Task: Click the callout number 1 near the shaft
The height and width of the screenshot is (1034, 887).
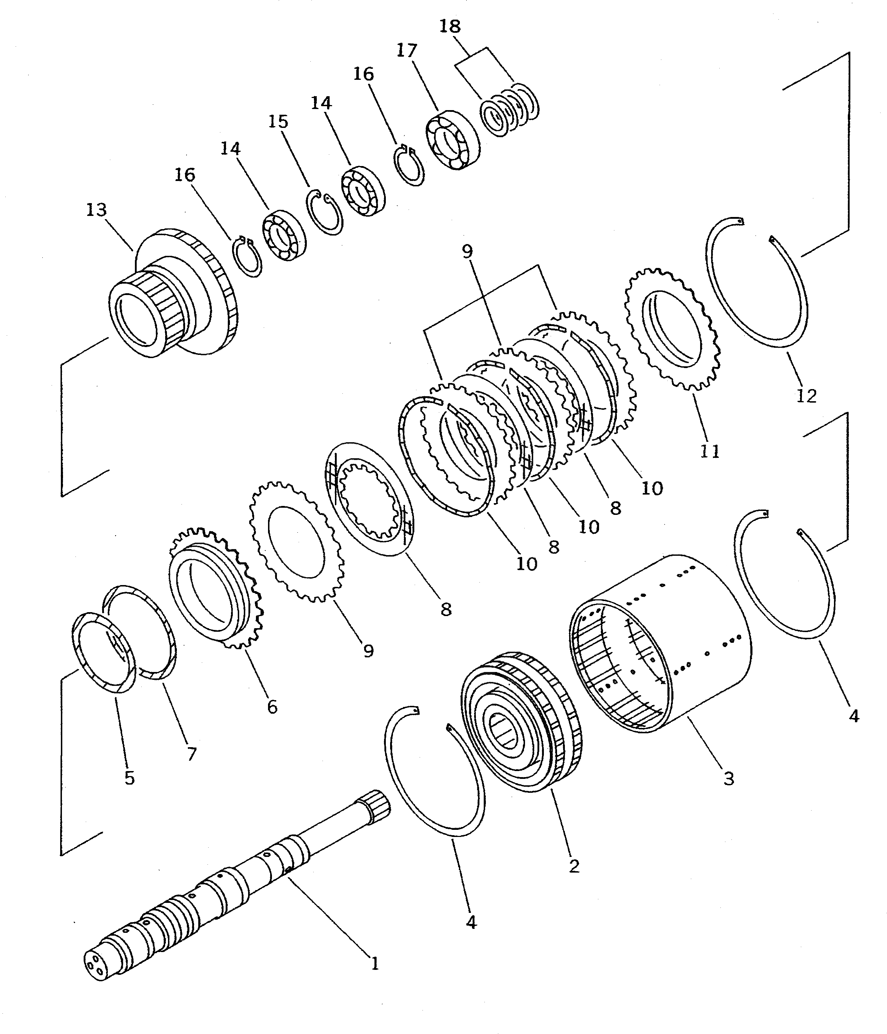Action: coord(375,963)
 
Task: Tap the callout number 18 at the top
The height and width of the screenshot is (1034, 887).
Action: coord(450,26)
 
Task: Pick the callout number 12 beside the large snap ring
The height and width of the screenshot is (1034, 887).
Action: coord(806,396)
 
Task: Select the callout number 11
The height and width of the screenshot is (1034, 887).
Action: coord(709,451)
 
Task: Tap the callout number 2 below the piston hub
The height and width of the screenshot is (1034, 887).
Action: coord(574,866)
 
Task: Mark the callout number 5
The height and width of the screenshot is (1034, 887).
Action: coord(130,777)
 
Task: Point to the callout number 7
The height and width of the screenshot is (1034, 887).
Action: coord(191,754)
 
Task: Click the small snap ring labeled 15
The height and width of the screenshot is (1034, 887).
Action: coord(324,212)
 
